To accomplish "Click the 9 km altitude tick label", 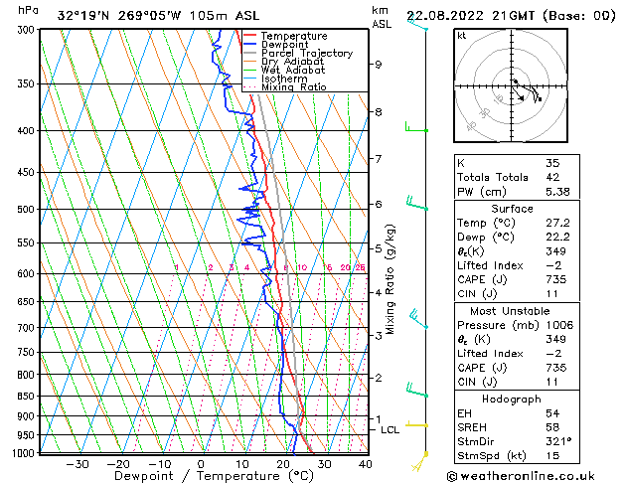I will click(379, 65).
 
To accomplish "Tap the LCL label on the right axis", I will click(390, 429).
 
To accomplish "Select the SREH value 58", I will click(552, 427).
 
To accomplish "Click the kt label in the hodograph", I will click(462, 36).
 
